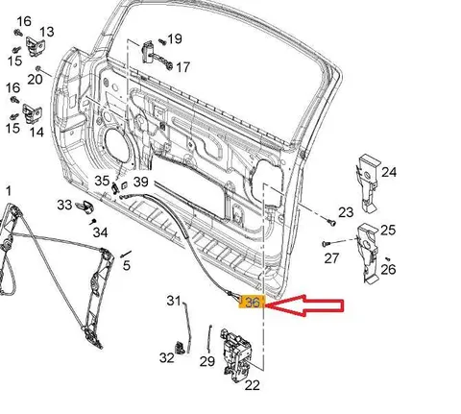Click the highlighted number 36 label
252,302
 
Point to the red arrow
304,305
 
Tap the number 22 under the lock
252,385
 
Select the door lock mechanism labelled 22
236,354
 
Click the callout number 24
389,172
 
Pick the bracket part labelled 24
368,183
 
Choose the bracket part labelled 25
368,253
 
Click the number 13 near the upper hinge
47,32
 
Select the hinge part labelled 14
32,113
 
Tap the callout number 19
175,39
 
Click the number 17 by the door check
182,67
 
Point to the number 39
141,182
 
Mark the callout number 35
102,181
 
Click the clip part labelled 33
85,207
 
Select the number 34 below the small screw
100,232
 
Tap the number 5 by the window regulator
127,265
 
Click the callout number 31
174,301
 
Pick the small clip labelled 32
181,348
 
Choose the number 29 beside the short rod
207,361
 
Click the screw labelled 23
331,222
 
